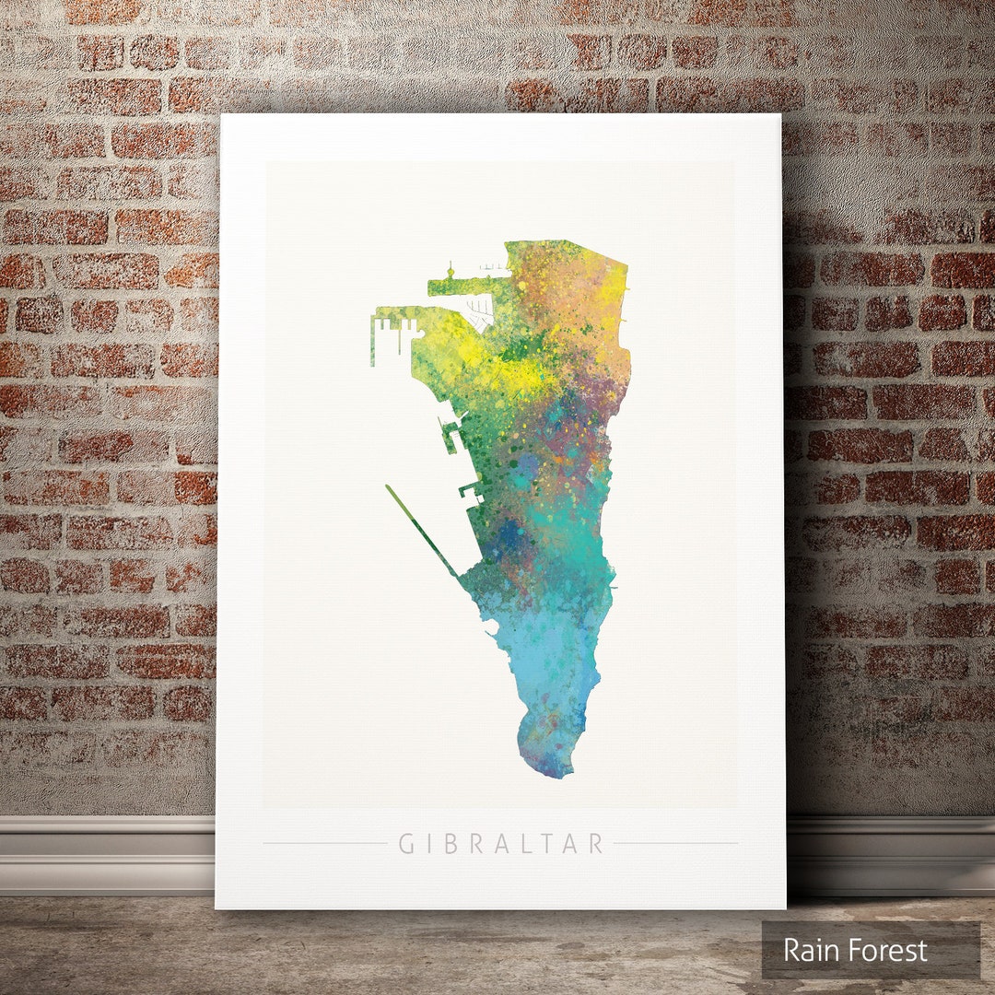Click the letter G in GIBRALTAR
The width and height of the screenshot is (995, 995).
coord(405,844)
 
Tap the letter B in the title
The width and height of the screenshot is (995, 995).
coord(451,844)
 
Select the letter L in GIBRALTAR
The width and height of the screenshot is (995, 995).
coord(523,844)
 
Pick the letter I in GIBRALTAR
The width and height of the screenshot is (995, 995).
coord(429,844)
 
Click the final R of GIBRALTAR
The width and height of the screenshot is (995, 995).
coord(596,844)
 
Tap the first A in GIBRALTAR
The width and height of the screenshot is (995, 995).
coord(499,844)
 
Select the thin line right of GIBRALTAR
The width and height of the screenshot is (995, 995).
coord(675,843)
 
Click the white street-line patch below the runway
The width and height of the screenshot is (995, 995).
coord(478,313)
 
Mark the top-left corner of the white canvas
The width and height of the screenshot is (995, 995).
coord(222,116)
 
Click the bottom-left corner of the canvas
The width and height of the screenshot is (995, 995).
coord(217,907)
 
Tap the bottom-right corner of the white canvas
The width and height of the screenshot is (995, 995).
coord(785,907)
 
